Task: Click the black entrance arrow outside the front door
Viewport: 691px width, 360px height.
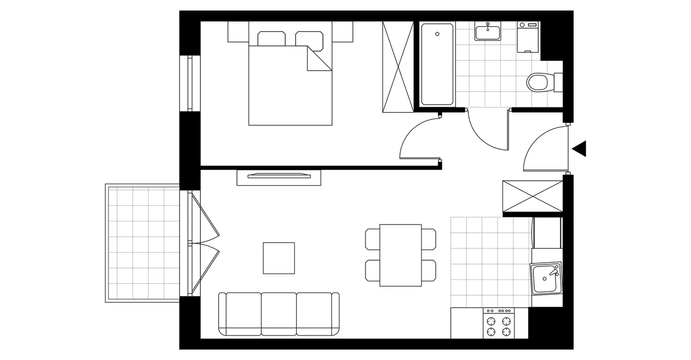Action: point(580,148)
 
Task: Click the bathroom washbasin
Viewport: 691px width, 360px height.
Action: point(488,32)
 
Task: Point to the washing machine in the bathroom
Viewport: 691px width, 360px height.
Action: point(528,37)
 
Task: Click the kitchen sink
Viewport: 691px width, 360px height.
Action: point(546,279)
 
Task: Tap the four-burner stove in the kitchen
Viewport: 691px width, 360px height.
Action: point(498,323)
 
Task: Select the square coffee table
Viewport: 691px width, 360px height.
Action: point(279,258)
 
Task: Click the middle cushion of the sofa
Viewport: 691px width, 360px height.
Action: point(279,313)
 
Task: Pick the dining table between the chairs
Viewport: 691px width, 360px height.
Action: point(401,255)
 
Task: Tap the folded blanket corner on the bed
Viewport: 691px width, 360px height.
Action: point(319,58)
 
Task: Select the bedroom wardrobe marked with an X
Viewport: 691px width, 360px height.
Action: point(397,67)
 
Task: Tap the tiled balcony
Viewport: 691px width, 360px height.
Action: point(143,243)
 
